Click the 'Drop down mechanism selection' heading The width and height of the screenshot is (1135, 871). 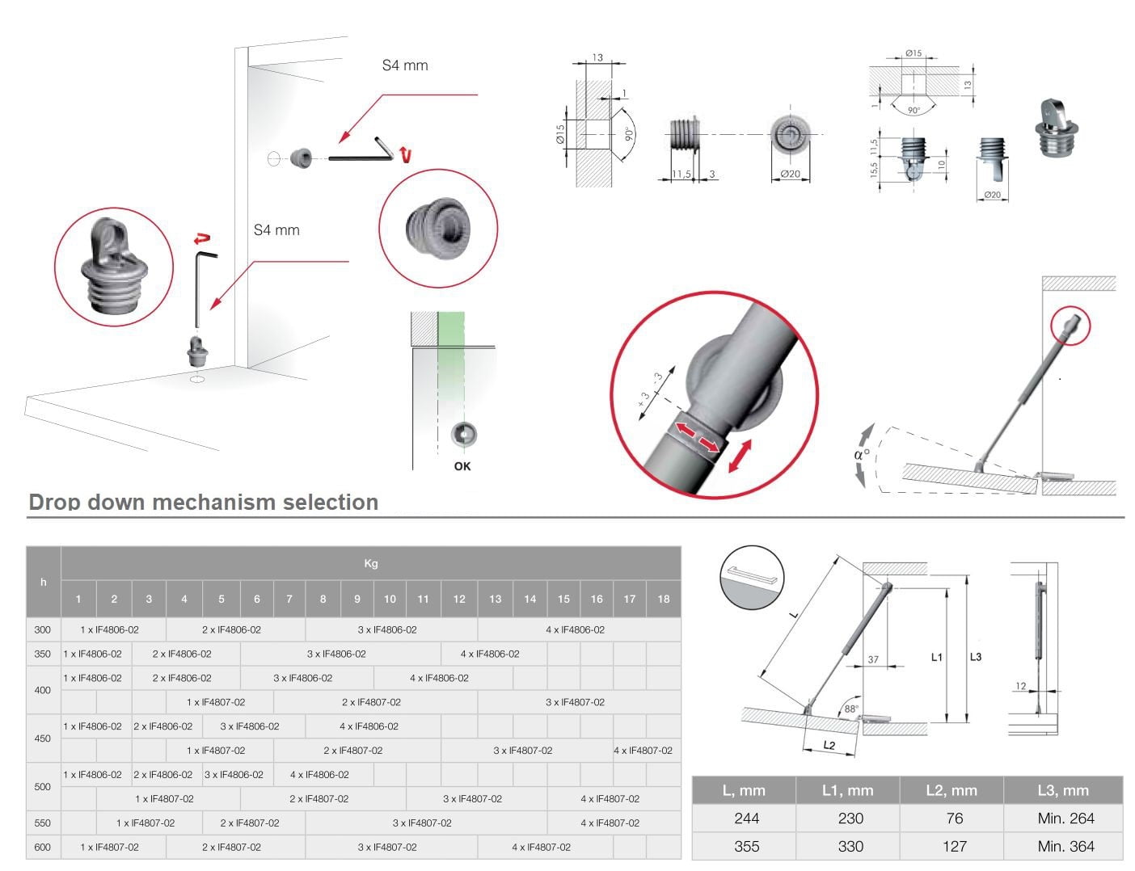tap(204, 502)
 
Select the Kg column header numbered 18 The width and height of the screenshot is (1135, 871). tap(664, 599)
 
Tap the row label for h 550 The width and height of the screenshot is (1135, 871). tap(43, 823)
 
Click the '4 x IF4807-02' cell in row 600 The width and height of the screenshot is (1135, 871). tap(541, 847)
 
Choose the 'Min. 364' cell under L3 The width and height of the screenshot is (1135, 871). tap(1065, 846)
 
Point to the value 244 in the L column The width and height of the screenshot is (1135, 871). tap(746, 818)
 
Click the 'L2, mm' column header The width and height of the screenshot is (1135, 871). tap(951, 790)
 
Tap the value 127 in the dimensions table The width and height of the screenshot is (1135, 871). tap(954, 846)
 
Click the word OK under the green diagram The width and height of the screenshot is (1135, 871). tap(462, 466)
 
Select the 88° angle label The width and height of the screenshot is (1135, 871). tap(851, 709)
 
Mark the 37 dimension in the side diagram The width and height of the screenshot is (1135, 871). tap(873, 659)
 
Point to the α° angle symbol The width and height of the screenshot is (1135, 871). tap(862, 453)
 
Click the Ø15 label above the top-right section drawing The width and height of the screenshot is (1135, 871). tap(913, 53)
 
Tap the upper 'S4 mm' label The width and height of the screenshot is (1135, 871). tap(405, 65)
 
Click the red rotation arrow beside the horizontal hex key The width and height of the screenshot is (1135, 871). tap(404, 154)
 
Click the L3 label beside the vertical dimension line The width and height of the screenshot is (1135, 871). tap(976, 657)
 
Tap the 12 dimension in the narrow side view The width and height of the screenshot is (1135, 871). tap(1021, 686)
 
